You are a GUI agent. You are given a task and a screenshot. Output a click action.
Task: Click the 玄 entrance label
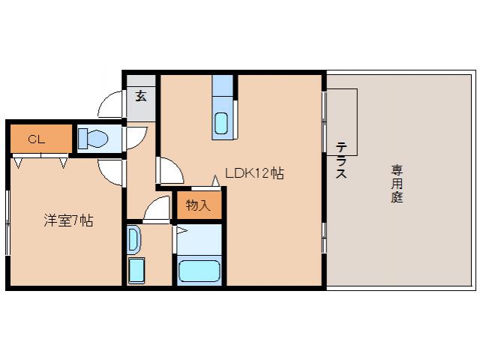point(140,96)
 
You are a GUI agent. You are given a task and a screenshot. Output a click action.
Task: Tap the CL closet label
point(35,139)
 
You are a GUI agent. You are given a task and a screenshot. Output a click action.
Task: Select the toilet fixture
point(95,139)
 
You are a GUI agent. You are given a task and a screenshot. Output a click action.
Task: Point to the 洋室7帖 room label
point(68,221)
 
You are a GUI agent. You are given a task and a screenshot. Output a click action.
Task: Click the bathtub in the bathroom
point(199,269)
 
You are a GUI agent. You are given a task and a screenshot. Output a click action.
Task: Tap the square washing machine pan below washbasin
point(137,270)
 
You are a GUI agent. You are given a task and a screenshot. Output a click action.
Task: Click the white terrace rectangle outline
point(341,120)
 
